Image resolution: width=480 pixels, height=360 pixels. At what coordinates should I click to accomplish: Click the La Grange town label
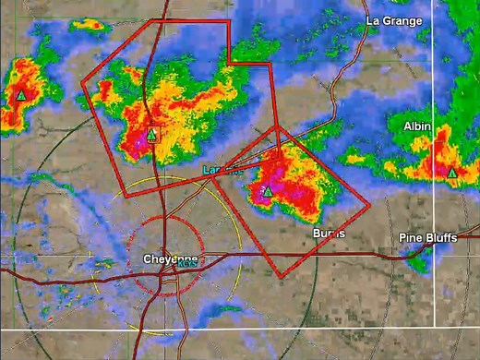393,20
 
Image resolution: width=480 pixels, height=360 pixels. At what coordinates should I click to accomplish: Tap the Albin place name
419,126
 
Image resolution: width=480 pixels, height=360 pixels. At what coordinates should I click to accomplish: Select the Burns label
330,233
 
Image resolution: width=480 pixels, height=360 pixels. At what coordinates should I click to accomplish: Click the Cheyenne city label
166,259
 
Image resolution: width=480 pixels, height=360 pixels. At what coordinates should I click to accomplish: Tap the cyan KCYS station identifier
187,265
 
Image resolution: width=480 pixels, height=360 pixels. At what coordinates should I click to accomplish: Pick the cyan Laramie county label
222,171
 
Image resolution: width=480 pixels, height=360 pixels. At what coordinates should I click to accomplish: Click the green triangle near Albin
452,173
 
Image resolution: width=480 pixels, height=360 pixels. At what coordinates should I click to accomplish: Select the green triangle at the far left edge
20,95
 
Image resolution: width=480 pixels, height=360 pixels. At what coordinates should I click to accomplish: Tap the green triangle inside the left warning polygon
151,134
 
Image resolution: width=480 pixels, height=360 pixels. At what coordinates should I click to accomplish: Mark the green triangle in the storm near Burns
266,191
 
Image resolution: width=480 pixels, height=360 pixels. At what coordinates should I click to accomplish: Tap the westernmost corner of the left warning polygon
82,83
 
